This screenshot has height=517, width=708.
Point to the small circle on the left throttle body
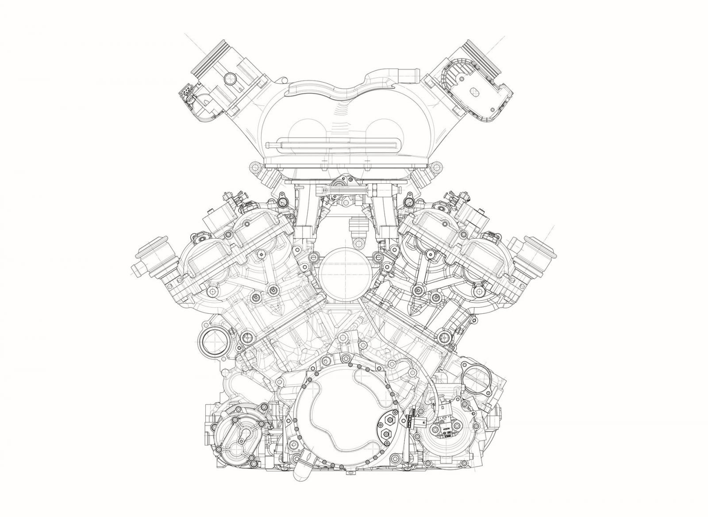(228, 78)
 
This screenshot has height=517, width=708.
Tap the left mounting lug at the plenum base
(254, 167)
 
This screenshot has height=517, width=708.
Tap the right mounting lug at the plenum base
(437, 167)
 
